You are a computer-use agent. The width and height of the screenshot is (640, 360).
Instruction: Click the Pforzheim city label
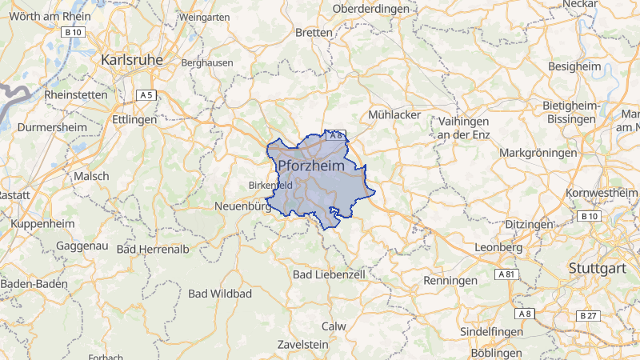(316, 166)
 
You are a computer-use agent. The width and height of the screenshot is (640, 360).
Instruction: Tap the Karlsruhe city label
(132, 60)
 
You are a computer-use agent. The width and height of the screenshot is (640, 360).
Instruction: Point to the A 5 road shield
(146, 95)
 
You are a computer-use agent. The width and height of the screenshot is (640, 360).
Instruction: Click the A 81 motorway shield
(506, 274)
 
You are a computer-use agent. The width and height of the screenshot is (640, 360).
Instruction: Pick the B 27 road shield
(588, 316)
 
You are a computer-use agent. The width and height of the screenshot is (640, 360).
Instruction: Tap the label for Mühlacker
(394, 115)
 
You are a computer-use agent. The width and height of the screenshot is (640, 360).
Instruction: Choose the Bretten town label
(314, 33)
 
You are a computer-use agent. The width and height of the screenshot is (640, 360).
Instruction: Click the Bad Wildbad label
(220, 294)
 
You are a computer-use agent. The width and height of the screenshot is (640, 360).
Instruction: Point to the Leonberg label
(498, 248)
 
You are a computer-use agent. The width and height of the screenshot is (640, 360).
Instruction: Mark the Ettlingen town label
(134, 119)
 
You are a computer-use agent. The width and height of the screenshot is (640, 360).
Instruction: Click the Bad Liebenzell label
(329, 274)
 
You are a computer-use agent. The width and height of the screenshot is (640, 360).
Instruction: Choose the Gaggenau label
(81, 246)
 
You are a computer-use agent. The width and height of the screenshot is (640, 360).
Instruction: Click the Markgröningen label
(538, 152)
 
